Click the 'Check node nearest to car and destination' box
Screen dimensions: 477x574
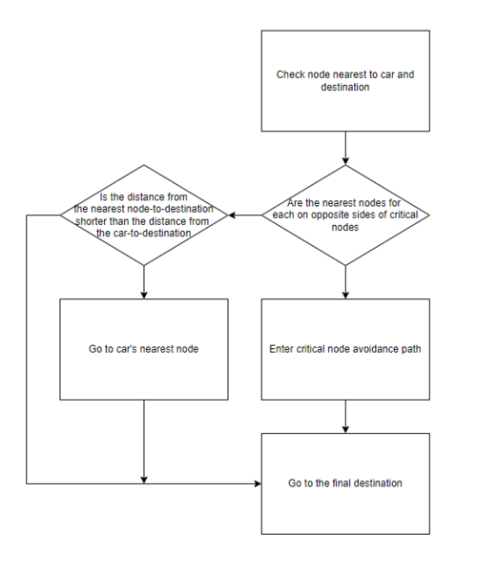345,81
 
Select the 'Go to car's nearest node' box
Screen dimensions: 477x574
144,349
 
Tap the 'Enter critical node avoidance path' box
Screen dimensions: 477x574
345,349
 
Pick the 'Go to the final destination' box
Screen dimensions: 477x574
345,483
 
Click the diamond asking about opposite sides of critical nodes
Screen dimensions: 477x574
345,215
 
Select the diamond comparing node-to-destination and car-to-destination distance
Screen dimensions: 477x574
144,215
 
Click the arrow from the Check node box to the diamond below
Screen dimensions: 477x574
345,148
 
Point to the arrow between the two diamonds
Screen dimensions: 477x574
245,215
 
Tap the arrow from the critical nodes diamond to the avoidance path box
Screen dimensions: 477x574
345,282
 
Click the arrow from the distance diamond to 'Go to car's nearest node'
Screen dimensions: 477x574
144,282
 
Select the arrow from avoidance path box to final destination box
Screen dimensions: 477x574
345,417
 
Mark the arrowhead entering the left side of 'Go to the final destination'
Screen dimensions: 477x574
258,483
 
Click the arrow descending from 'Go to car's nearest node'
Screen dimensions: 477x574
144,441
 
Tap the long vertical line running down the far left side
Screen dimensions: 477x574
27,349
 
